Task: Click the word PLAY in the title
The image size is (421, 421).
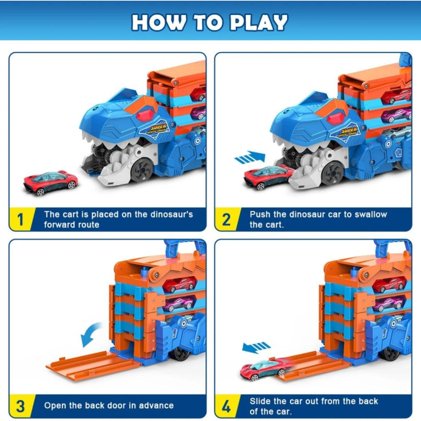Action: [x=259, y=22]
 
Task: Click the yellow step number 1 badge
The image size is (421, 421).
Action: [x=20, y=220]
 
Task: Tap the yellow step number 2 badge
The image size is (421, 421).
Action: [x=226, y=220]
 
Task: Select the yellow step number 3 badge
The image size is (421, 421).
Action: [x=20, y=406]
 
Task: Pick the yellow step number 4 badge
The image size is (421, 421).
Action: [x=226, y=406]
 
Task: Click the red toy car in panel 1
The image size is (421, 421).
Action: [x=51, y=182]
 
